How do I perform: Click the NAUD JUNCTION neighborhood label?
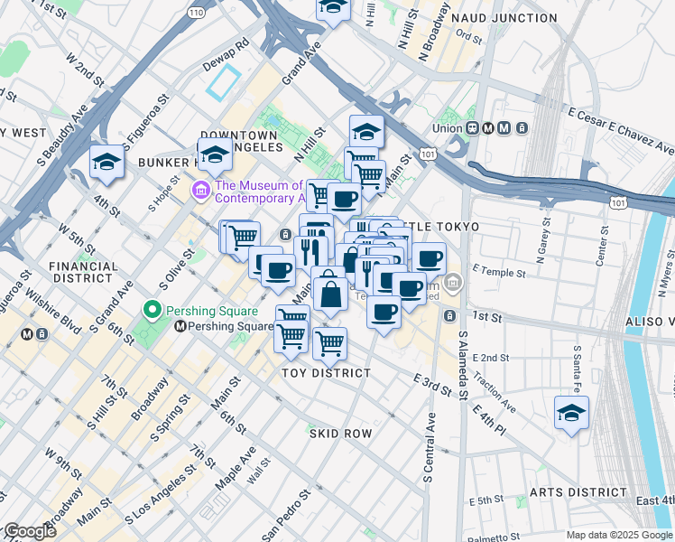click(x=516, y=18)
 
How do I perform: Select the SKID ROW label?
click(x=341, y=434)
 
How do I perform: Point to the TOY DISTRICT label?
click(x=326, y=372)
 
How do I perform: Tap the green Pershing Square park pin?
click(x=153, y=312)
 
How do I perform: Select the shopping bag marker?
click(x=330, y=292)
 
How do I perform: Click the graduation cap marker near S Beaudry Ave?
click(x=106, y=163)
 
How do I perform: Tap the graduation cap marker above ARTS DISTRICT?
click(x=571, y=414)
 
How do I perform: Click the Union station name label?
click(x=447, y=128)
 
